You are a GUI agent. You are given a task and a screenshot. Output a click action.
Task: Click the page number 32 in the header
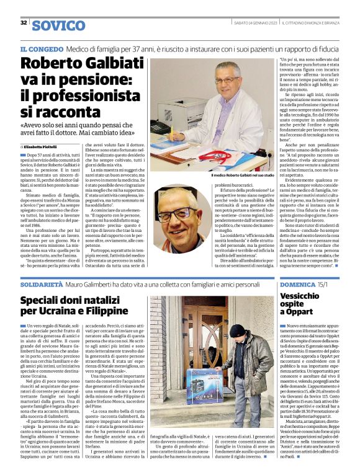coord(24,23)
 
